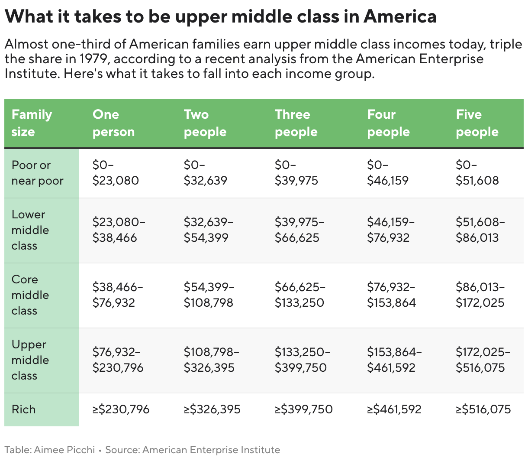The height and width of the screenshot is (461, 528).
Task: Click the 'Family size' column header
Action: click(32, 123)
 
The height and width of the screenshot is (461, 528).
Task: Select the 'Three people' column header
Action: click(296, 123)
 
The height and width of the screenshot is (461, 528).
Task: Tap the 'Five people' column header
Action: click(477, 123)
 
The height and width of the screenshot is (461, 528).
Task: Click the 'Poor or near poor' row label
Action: click(37, 173)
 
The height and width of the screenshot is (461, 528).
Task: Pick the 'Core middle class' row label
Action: click(30, 295)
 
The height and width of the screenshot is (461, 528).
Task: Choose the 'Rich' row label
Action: click(24, 409)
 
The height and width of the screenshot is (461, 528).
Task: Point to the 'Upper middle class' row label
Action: click(30, 360)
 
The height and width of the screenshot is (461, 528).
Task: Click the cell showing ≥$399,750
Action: click(304, 409)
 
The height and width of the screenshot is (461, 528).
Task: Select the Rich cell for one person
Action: click(121, 409)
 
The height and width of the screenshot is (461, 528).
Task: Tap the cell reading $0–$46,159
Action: click(388, 173)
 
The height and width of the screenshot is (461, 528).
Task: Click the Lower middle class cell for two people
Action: click(209, 230)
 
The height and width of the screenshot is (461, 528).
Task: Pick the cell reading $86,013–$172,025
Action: click(480, 295)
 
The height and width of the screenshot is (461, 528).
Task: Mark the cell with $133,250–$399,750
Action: click(303, 360)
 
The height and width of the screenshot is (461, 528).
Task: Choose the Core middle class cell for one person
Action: click(118, 295)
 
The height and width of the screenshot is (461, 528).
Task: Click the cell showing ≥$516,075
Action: click(483, 409)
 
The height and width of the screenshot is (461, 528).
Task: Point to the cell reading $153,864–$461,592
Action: click(394, 360)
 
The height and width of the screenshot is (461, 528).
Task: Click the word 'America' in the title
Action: click(400, 16)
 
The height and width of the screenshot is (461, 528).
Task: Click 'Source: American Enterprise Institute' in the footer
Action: click(193, 450)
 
